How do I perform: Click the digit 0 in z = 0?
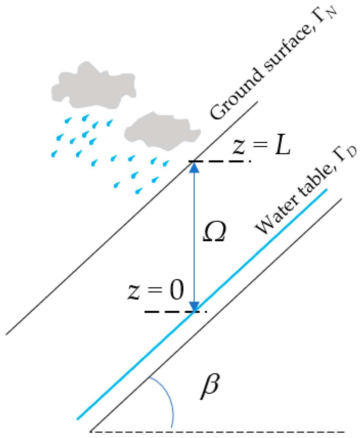pos(175,291)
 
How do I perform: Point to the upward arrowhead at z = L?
pos(194,167)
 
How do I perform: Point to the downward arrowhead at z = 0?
pos(194,306)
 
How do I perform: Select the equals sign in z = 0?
pos(155,292)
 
